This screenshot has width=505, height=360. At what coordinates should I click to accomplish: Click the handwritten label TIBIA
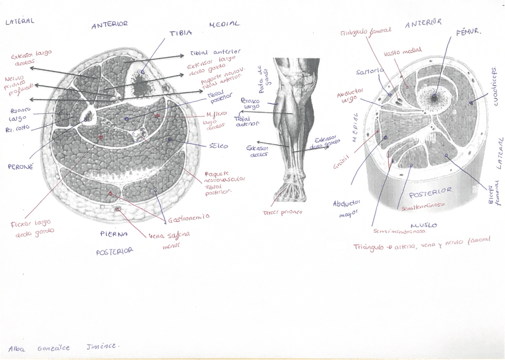(x=180, y=34)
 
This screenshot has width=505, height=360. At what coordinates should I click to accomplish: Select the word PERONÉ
(x=20, y=167)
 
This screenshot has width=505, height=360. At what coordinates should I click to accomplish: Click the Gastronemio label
(x=188, y=218)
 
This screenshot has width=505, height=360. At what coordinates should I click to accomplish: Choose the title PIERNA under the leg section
(x=114, y=234)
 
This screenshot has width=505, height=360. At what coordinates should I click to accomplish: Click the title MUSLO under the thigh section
(x=423, y=226)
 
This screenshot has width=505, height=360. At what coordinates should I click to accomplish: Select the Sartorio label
(x=367, y=72)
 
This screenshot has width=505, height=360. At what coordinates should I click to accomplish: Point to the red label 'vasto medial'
(x=403, y=52)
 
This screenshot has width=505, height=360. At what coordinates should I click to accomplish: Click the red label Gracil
(x=342, y=161)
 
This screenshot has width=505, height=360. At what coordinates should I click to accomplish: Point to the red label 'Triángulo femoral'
(x=366, y=30)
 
